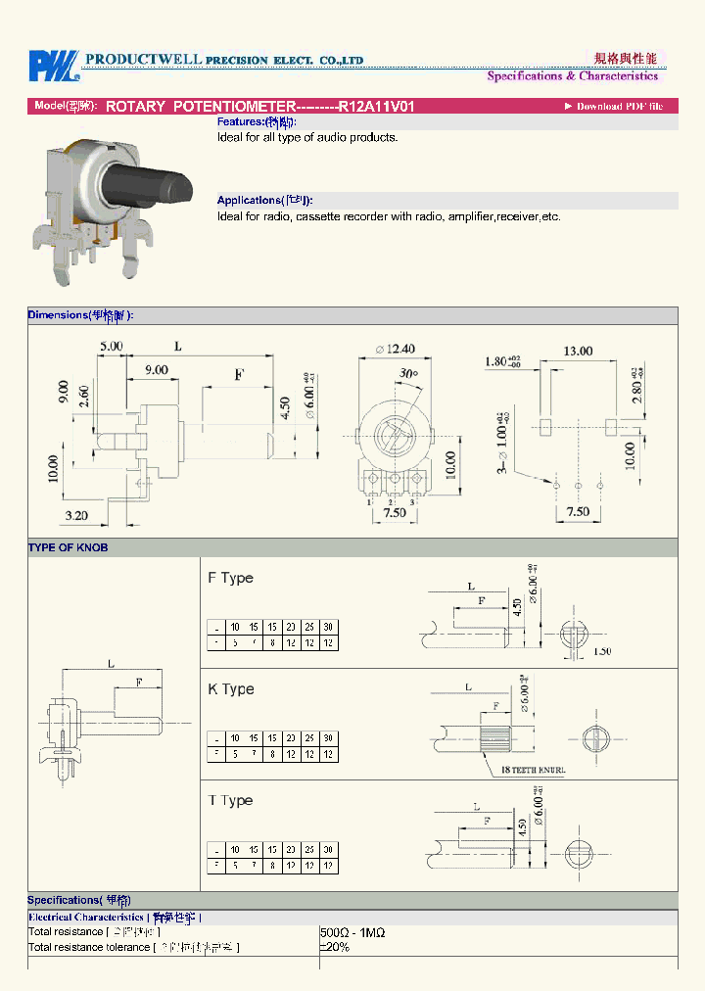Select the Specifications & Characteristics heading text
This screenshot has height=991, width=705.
(x=573, y=76)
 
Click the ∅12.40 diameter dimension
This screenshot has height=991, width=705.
(x=395, y=348)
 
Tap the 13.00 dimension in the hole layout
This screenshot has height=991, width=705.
(x=577, y=351)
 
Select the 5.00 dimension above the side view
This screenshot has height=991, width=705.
(x=111, y=346)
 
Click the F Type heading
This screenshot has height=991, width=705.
(x=230, y=578)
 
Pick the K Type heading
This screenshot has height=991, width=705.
(x=230, y=689)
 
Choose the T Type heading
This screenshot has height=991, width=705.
(x=230, y=800)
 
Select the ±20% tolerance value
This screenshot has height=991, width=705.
(x=335, y=948)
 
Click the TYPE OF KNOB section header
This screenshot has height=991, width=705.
(x=68, y=547)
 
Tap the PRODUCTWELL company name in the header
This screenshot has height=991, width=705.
(x=142, y=60)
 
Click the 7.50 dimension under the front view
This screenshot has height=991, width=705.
(x=395, y=513)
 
